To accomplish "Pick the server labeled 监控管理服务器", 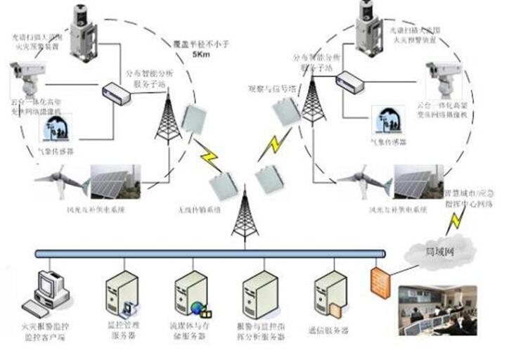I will click(120, 295).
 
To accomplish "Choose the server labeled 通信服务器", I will click(329, 294).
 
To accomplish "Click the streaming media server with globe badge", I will click(191, 295).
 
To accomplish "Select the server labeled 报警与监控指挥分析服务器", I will click(259, 295).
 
